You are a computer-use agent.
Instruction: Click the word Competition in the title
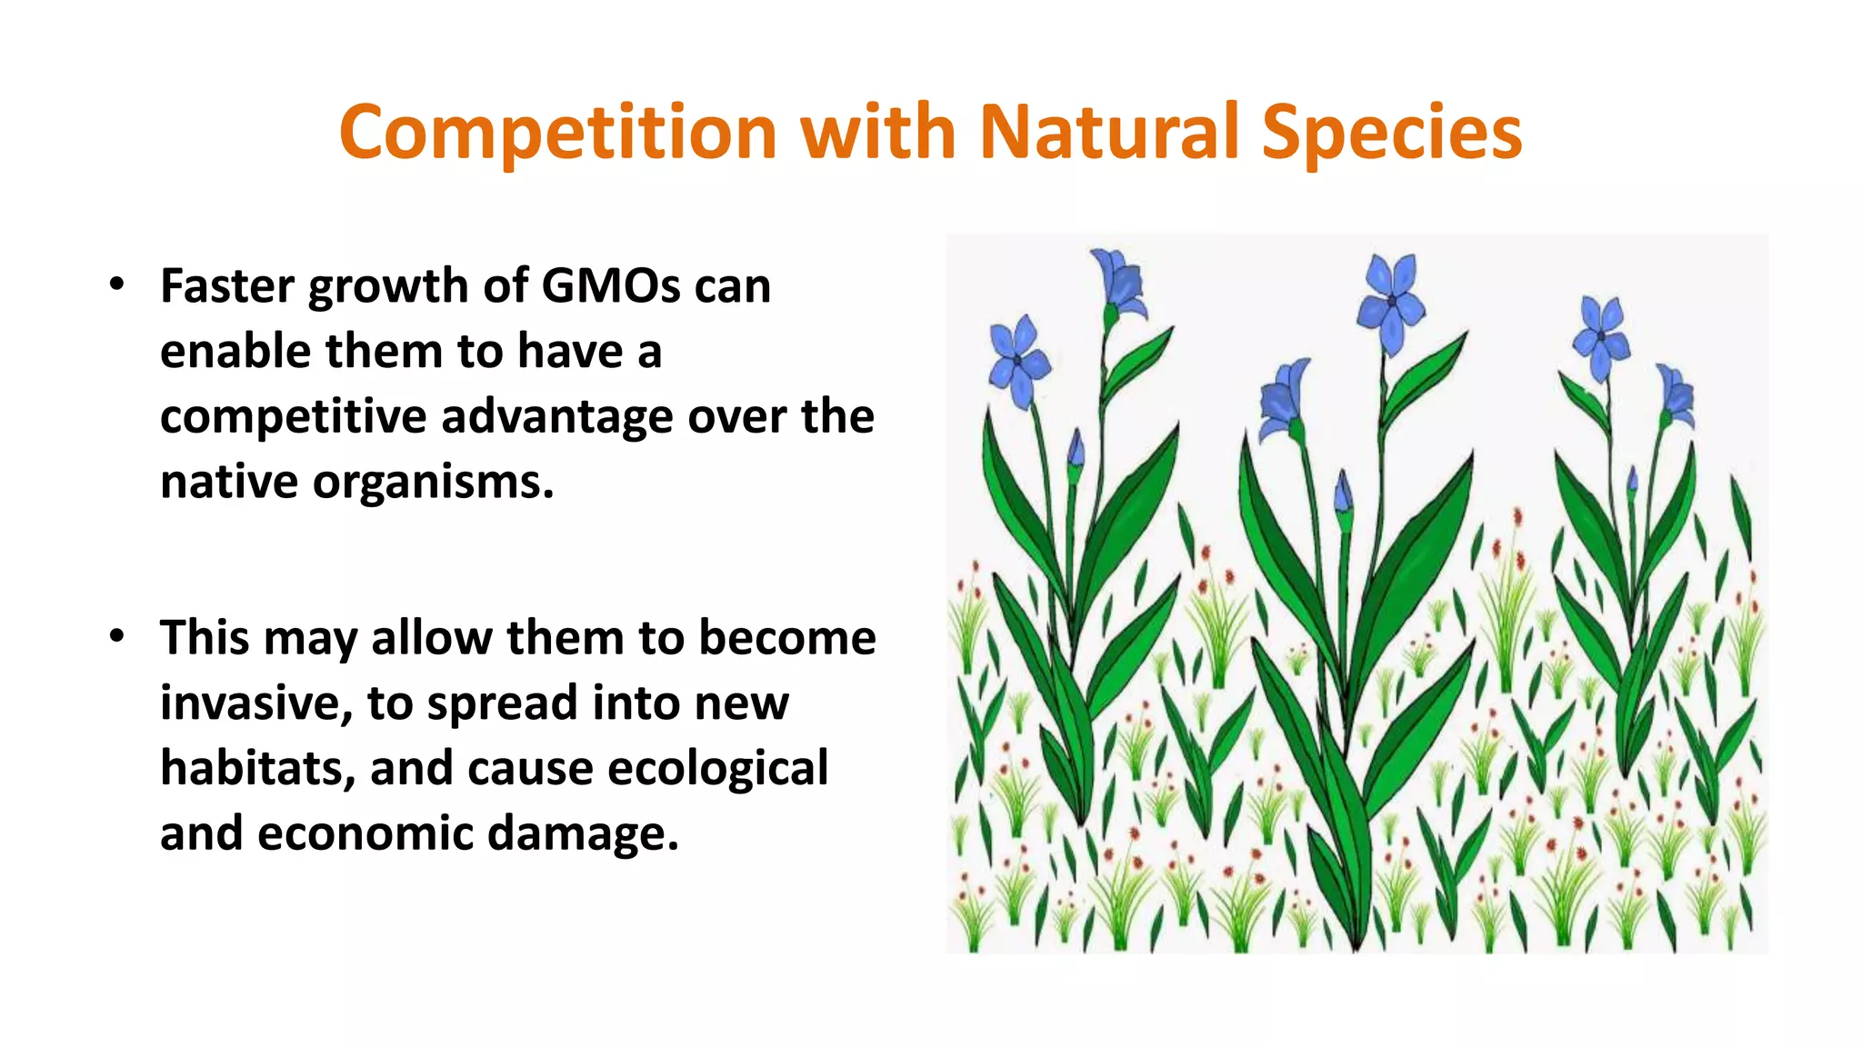click(x=557, y=132)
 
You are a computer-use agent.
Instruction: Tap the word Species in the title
click(x=1391, y=132)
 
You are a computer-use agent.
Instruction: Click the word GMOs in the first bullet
click(x=610, y=286)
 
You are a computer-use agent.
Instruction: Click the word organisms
click(x=433, y=482)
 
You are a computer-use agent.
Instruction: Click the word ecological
click(x=717, y=768)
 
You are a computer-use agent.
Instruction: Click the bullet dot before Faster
click(x=115, y=285)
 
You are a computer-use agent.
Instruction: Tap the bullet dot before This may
click(x=115, y=637)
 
